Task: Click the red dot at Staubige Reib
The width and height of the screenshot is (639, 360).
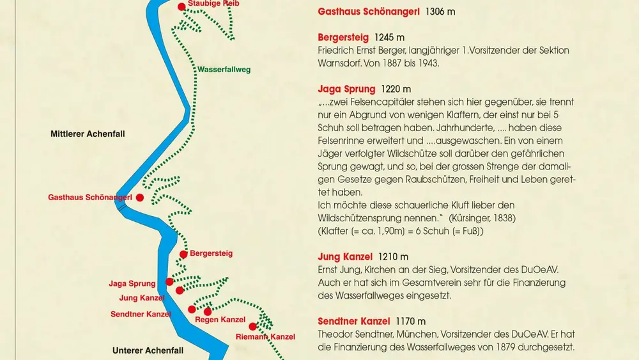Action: pyautogui.click(x=182, y=6)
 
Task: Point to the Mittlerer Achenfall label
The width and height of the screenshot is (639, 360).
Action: pyautogui.click(x=88, y=134)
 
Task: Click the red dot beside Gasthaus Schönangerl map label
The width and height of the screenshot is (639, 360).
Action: pyautogui.click(x=139, y=198)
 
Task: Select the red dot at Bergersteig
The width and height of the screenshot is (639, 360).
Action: pyautogui.click(x=183, y=254)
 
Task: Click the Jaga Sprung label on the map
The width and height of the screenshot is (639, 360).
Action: pyautogui.click(x=132, y=284)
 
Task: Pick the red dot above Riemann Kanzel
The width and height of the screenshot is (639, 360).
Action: pyautogui.click(x=253, y=325)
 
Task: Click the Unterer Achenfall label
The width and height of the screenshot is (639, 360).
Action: pyautogui.click(x=148, y=350)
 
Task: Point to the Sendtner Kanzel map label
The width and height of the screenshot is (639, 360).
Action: pyautogui.click(x=141, y=314)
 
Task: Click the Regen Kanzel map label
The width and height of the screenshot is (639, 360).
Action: pyautogui.click(x=220, y=320)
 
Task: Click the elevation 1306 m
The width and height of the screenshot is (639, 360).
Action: pyautogui.click(x=441, y=12)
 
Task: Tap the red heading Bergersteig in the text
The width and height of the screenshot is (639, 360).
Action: pyautogui.click(x=343, y=38)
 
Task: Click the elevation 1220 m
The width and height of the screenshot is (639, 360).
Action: pyautogui.click(x=396, y=89)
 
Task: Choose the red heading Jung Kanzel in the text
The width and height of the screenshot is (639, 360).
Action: pyautogui.click(x=345, y=257)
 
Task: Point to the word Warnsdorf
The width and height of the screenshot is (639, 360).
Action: pyautogui.click(x=343, y=63)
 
